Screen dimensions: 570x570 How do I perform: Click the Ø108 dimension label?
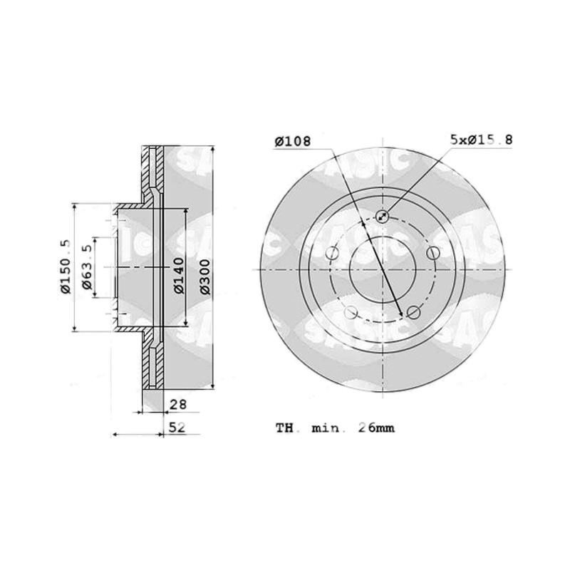(293, 141)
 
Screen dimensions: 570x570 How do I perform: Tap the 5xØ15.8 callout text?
(482, 139)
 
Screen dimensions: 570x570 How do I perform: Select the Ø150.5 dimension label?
(66, 266)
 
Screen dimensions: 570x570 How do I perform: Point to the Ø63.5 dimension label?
(87, 267)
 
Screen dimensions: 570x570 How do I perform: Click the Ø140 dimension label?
(179, 275)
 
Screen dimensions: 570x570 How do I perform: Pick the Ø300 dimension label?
(205, 276)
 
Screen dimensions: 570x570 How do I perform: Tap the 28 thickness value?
(178, 404)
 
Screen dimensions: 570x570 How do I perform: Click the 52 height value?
(177, 427)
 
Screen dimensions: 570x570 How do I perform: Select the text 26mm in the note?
(377, 427)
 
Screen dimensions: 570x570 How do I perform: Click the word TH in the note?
(284, 428)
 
